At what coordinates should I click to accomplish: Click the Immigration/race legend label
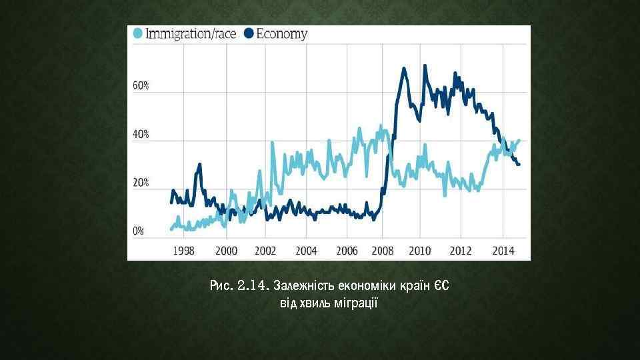[x=191, y=34]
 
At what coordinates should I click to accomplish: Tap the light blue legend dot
[x=137, y=34]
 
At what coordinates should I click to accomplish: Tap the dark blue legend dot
[x=249, y=34]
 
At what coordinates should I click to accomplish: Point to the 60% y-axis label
[x=141, y=86]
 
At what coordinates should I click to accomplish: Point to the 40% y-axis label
[x=141, y=134]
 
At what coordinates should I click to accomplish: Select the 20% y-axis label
[x=141, y=182]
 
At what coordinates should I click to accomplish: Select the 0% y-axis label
[x=139, y=231]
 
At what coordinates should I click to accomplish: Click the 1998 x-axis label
[x=184, y=251]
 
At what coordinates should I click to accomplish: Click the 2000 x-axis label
[x=226, y=251]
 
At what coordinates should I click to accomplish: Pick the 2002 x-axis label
[x=265, y=251]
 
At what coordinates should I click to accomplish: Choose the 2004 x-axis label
[x=306, y=251]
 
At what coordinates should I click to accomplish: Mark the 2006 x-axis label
[x=347, y=251]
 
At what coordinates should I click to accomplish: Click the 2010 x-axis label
[x=419, y=251]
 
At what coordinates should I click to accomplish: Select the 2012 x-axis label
[x=461, y=251]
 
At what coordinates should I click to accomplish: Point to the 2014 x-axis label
[x=503, y=251]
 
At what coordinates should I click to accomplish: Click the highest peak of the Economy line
[x=404, y=67]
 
